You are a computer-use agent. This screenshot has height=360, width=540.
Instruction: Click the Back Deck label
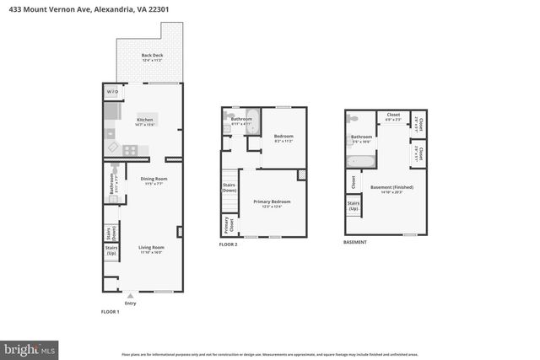(152, 57)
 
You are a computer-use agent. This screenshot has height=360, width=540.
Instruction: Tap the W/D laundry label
(111, 92)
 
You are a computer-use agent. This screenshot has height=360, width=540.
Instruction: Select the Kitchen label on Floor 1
(144, 121)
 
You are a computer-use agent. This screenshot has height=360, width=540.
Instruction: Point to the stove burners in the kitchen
(131, 150)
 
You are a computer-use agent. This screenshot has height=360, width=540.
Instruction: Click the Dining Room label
(154, 180)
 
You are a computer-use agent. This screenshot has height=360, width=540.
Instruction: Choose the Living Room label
(150, 249)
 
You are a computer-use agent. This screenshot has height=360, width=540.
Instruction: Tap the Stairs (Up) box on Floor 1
(111, 250)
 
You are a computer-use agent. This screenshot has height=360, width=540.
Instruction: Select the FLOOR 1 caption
(111, 313)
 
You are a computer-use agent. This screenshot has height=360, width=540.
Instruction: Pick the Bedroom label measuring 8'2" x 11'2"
(283, 137)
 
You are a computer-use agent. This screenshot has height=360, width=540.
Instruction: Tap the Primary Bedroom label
(272, 202)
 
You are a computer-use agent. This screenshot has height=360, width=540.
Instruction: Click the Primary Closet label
(226, 225)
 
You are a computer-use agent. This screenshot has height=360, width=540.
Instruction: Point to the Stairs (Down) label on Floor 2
(229, 188)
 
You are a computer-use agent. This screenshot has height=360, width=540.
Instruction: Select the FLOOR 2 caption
(229, 244)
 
